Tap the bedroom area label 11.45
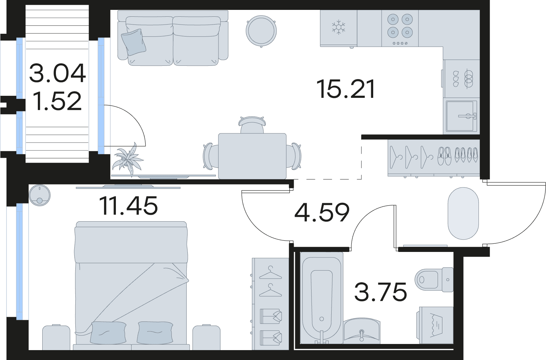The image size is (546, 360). pyautogui.click(x=129, y=206)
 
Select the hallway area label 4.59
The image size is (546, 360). pyautogui.click(x=322, y=213)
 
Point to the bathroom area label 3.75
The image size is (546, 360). pyautogui.click(x=380, y=291)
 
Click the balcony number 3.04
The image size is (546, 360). pyautogui.click(x=58, y=73)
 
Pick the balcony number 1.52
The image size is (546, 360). pyautogui.click(x=58, y=101)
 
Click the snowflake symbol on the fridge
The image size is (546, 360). pyautogui.click(x=338, y=28)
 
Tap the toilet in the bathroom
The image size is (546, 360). pyautogui.click(x=434, y=280)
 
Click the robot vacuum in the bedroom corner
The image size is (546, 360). pyautogui.click(x=40, y=195)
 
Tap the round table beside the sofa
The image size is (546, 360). pyautogui.click(x=261, y=31)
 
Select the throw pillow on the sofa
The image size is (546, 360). pyautogui.click(x=134, y=42)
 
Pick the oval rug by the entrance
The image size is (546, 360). pyautogui.click(x=464, y=213)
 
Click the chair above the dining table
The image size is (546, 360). pyautogui.click(x=252, y=125)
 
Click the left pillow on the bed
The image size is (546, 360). pyautogui.click(x=108, y=332)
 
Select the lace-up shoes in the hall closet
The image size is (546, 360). pyautogui.click(x=444, y=156)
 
